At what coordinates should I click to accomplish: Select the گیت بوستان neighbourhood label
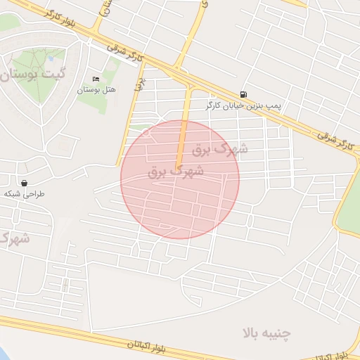[x=34, y=74]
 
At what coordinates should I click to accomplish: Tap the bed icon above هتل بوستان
[x=96, y=78]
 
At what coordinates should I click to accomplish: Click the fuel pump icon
[x=243, y=94]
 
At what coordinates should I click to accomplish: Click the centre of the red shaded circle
[x=180, y=179]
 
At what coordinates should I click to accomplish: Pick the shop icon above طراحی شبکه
[x=24, y=183]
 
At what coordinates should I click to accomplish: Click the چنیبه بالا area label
[x=267, y=332]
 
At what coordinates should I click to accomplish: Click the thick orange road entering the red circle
[x=184, y=134]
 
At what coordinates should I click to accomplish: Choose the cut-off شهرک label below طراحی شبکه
[x=14, y=238]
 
